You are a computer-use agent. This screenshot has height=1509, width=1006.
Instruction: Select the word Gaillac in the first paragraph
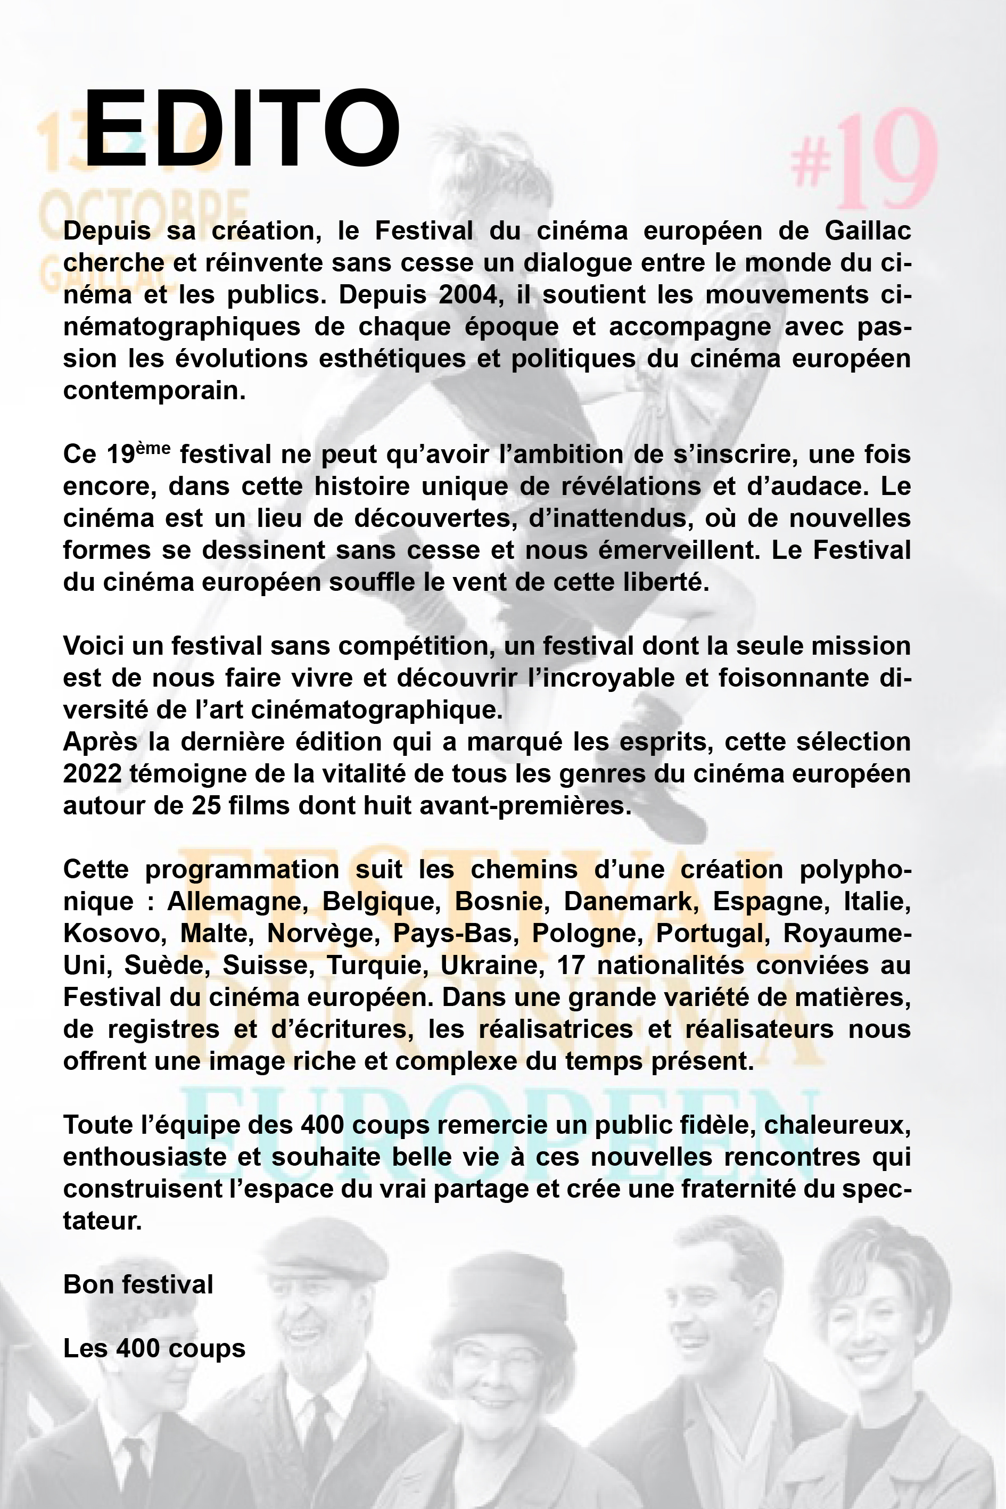[868, 230]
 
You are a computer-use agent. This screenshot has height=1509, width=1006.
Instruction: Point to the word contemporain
[154, 391]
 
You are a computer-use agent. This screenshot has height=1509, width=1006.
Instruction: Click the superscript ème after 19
[153, 448]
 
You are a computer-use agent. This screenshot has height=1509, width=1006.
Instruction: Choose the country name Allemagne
[235, 902]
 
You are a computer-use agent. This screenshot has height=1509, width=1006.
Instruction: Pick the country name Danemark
[631, 902]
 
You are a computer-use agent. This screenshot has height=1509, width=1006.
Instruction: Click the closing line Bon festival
[138, 1285]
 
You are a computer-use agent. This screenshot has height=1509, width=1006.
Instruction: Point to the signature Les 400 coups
[154, 1349]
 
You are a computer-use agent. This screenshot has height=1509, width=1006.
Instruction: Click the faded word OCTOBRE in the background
[144, 212]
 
